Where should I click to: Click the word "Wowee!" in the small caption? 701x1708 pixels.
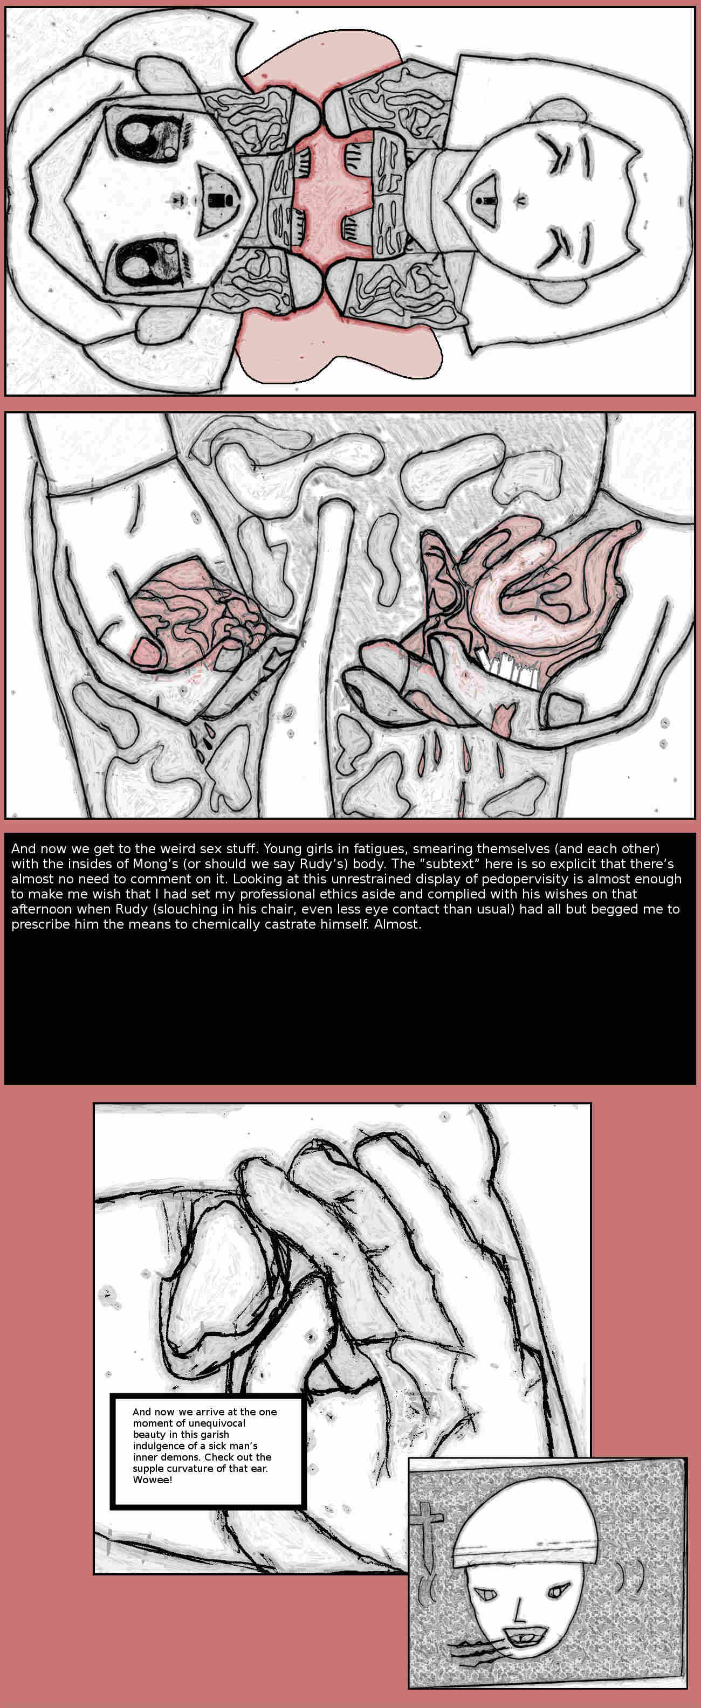point(152,1480)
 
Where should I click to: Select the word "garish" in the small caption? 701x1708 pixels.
point(214,1434)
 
